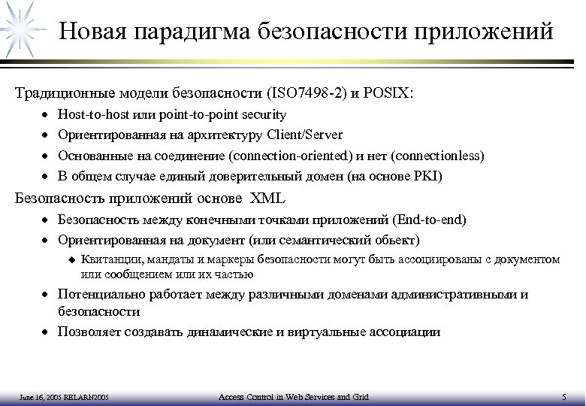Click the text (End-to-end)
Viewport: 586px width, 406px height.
430,220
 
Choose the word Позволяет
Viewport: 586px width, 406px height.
88,331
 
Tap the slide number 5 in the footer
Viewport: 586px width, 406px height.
563,396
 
